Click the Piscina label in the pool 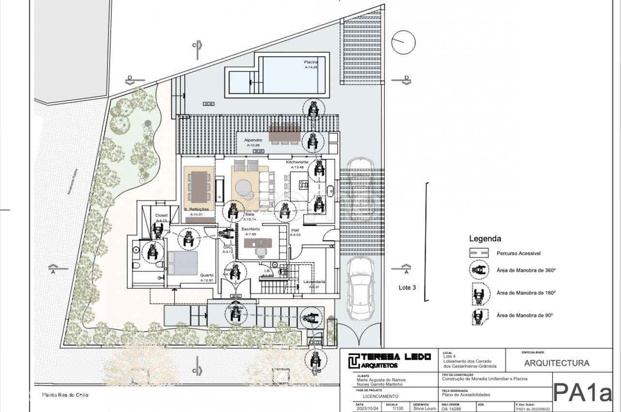point(311,63)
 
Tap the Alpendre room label point(253,141)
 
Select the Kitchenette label point(297,162)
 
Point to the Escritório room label point(250,229)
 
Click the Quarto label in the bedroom point(207,275)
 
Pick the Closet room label point(161,215)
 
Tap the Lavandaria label point(314,282)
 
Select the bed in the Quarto point(183,263)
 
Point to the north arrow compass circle point(404,43)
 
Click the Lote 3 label point(407,287)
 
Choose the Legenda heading point(485,238)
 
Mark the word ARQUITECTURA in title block point(557,363)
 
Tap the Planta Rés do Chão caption point(65,395)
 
